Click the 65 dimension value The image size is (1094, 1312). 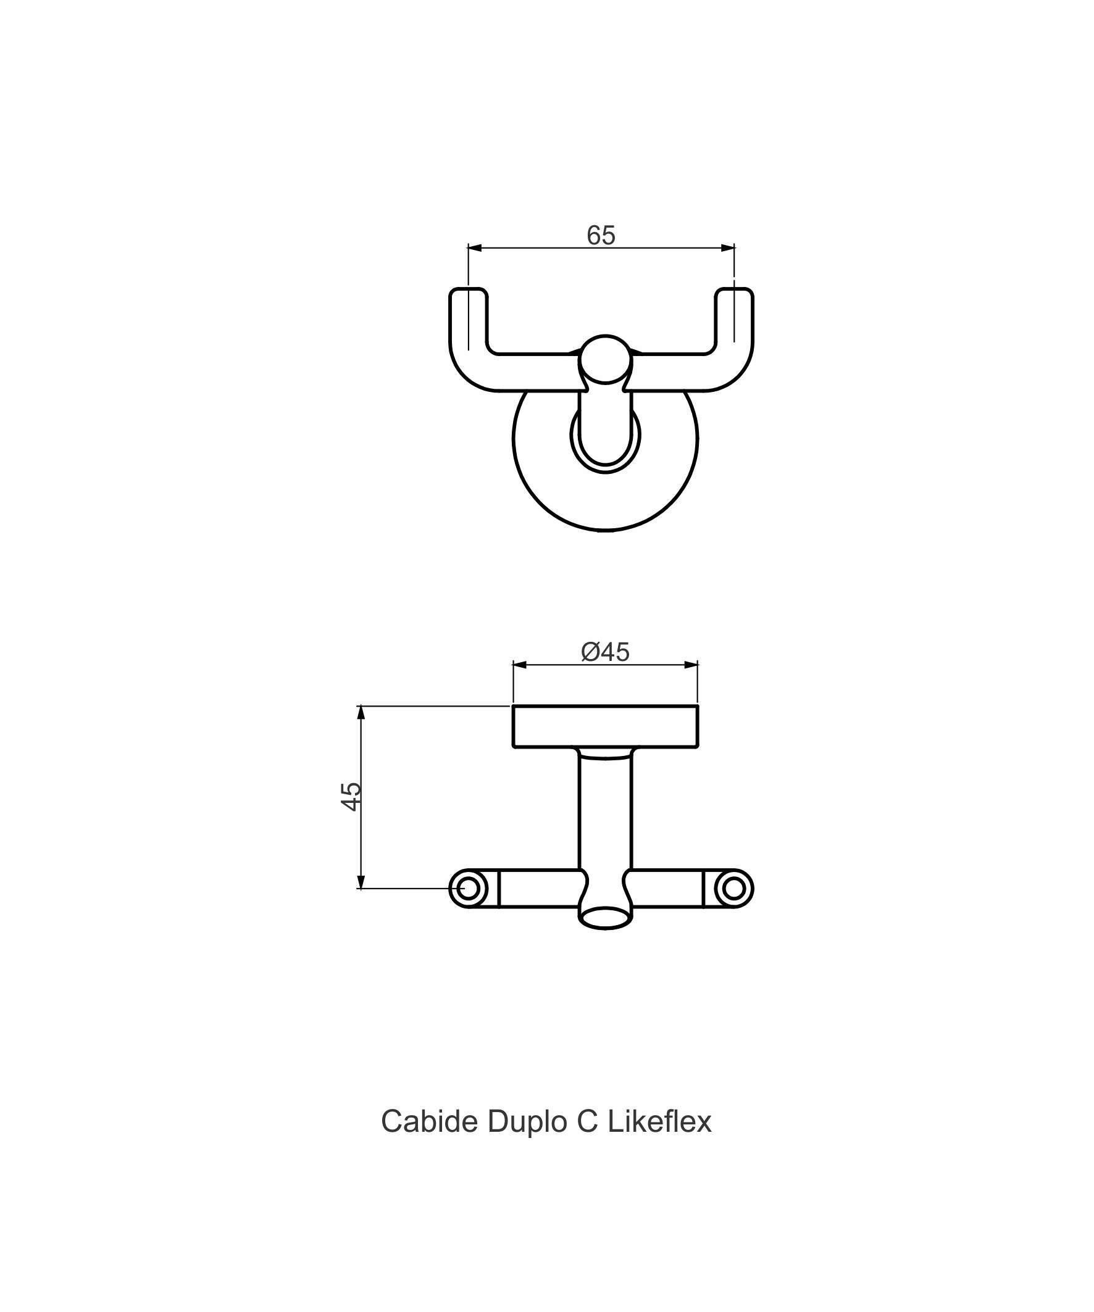coord(601,235)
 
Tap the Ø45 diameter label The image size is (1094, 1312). coord(605,652)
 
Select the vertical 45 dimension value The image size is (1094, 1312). coord(351,797)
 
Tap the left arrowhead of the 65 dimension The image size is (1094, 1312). coord(475,248)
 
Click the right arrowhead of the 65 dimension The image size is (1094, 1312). coord(728,248)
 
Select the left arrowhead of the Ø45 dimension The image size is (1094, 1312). coord(520,665)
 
